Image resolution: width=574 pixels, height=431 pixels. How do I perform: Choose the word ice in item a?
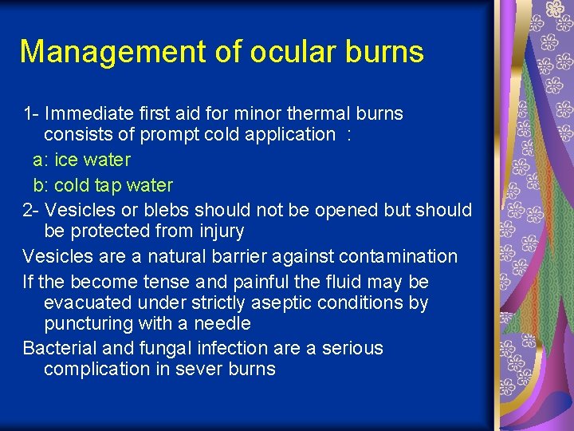pyautogui.click(x=66, y=160)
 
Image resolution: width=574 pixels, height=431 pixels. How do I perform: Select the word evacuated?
pyautogui.click(x=83, y=302)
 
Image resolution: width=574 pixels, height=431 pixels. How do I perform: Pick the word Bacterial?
pyautogui.click(x=59, y=348)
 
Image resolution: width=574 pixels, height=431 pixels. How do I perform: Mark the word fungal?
pyautogui.click(x=159, y=348)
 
